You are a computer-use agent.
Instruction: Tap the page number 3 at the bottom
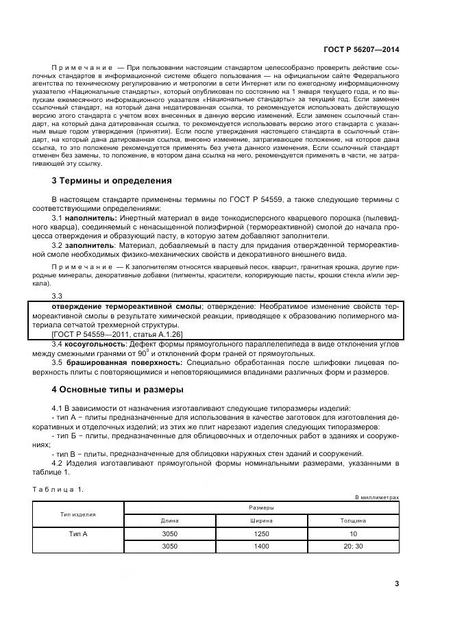click(397, 583)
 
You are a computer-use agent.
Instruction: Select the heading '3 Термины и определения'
click(112, 181)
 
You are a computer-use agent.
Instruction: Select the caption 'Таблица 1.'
click(58, 489)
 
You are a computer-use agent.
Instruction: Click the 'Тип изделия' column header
click(78, 514)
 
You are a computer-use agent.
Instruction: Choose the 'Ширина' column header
click(261, 520)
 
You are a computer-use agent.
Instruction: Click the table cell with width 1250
click(261, 533)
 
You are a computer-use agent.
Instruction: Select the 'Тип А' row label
click(78, 533)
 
